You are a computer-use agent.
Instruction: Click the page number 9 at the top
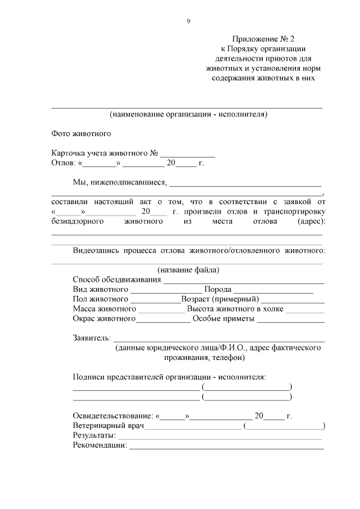tap(188, 21)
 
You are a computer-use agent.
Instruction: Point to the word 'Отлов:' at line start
tap(62, 163)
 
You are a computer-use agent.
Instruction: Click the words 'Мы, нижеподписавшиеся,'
tap(120, 182)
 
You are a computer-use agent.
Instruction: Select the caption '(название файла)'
tap(188, 269)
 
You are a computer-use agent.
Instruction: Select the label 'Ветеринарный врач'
tap(108, 426)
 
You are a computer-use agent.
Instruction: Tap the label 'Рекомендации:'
tap(100, 445)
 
